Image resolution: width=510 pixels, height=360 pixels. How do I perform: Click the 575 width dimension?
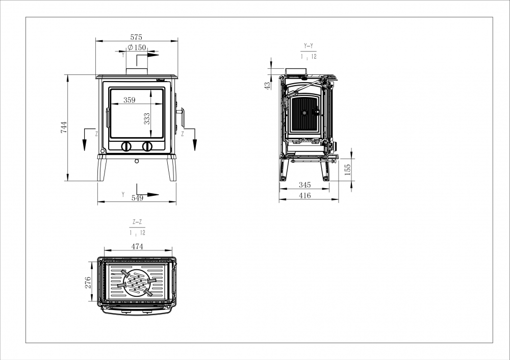click(x=136, y=37)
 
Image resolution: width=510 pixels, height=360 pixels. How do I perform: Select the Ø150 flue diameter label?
click(x=137, y=47)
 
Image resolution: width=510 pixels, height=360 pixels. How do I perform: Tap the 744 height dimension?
click(x=64, y=127)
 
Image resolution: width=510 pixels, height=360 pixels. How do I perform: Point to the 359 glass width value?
click(x=129, y=100)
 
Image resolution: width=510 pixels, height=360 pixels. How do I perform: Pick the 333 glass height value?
click(x=147, y=119)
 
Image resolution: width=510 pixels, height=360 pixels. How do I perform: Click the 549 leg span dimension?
click(x=137, y=198)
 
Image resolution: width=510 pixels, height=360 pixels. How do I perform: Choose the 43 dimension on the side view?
click(x=267, y=86)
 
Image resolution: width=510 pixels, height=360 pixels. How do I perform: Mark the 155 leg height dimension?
click(x=348, y=170)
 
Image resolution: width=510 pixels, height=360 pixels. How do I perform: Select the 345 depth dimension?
click(x=305, y=185)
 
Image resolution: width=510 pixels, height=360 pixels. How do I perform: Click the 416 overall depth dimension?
click(x=305, y=195)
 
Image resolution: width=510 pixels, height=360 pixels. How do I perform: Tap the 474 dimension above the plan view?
click(x=137, y=246)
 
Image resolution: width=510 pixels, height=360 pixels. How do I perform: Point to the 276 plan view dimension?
click(x=88, y=282)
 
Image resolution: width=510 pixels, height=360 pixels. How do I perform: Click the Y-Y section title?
click(x=309, y=46)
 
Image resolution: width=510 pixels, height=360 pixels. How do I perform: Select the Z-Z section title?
click(x=137, y=222)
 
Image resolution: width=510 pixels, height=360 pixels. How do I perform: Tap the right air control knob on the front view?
click(x=147, y=146)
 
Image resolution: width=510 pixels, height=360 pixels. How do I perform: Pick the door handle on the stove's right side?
click(x=181, y=117)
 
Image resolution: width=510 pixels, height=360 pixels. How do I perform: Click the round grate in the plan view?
click(x=137, y=282)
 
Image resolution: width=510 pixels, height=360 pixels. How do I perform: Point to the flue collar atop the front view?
click(x=137, y=71)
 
